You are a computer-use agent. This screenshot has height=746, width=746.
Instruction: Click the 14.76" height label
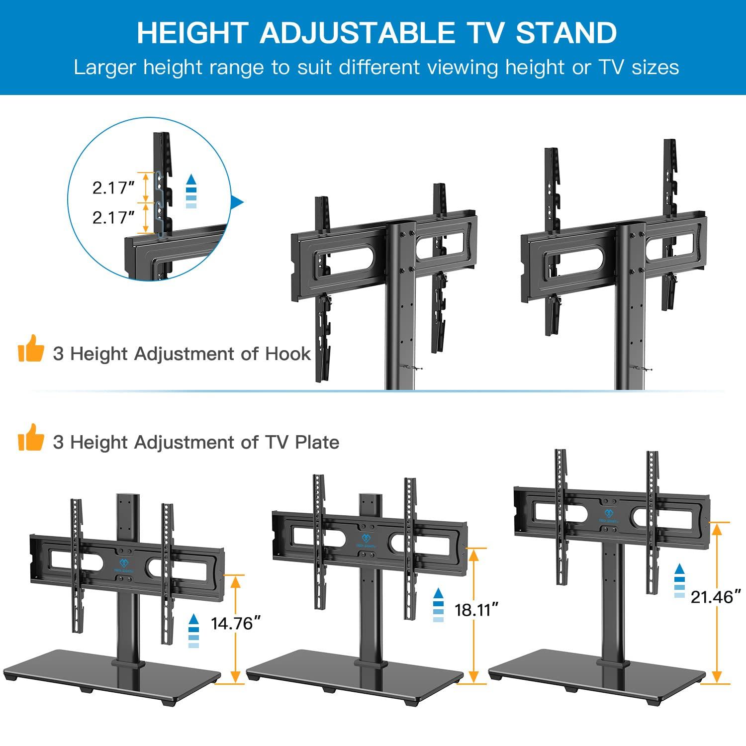coord(236,623)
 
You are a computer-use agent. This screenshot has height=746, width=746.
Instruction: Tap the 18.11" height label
coord(476,609)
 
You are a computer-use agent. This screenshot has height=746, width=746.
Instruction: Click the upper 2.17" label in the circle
coord(113,187)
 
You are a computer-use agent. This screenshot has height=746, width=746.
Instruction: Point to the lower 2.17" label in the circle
coord(113,217)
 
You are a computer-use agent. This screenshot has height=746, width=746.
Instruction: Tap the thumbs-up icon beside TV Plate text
coord(31,437)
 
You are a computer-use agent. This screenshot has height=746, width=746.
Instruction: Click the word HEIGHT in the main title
coord(192,33)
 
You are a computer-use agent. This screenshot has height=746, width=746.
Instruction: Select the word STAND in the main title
coord(566,33)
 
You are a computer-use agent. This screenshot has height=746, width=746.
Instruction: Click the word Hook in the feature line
coord(288,354)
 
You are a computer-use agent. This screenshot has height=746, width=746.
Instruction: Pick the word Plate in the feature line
coord(317,442)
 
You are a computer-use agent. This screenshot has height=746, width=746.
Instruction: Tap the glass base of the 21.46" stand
coord(597,666)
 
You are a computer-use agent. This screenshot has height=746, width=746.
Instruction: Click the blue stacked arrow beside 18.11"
coord(438,605)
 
